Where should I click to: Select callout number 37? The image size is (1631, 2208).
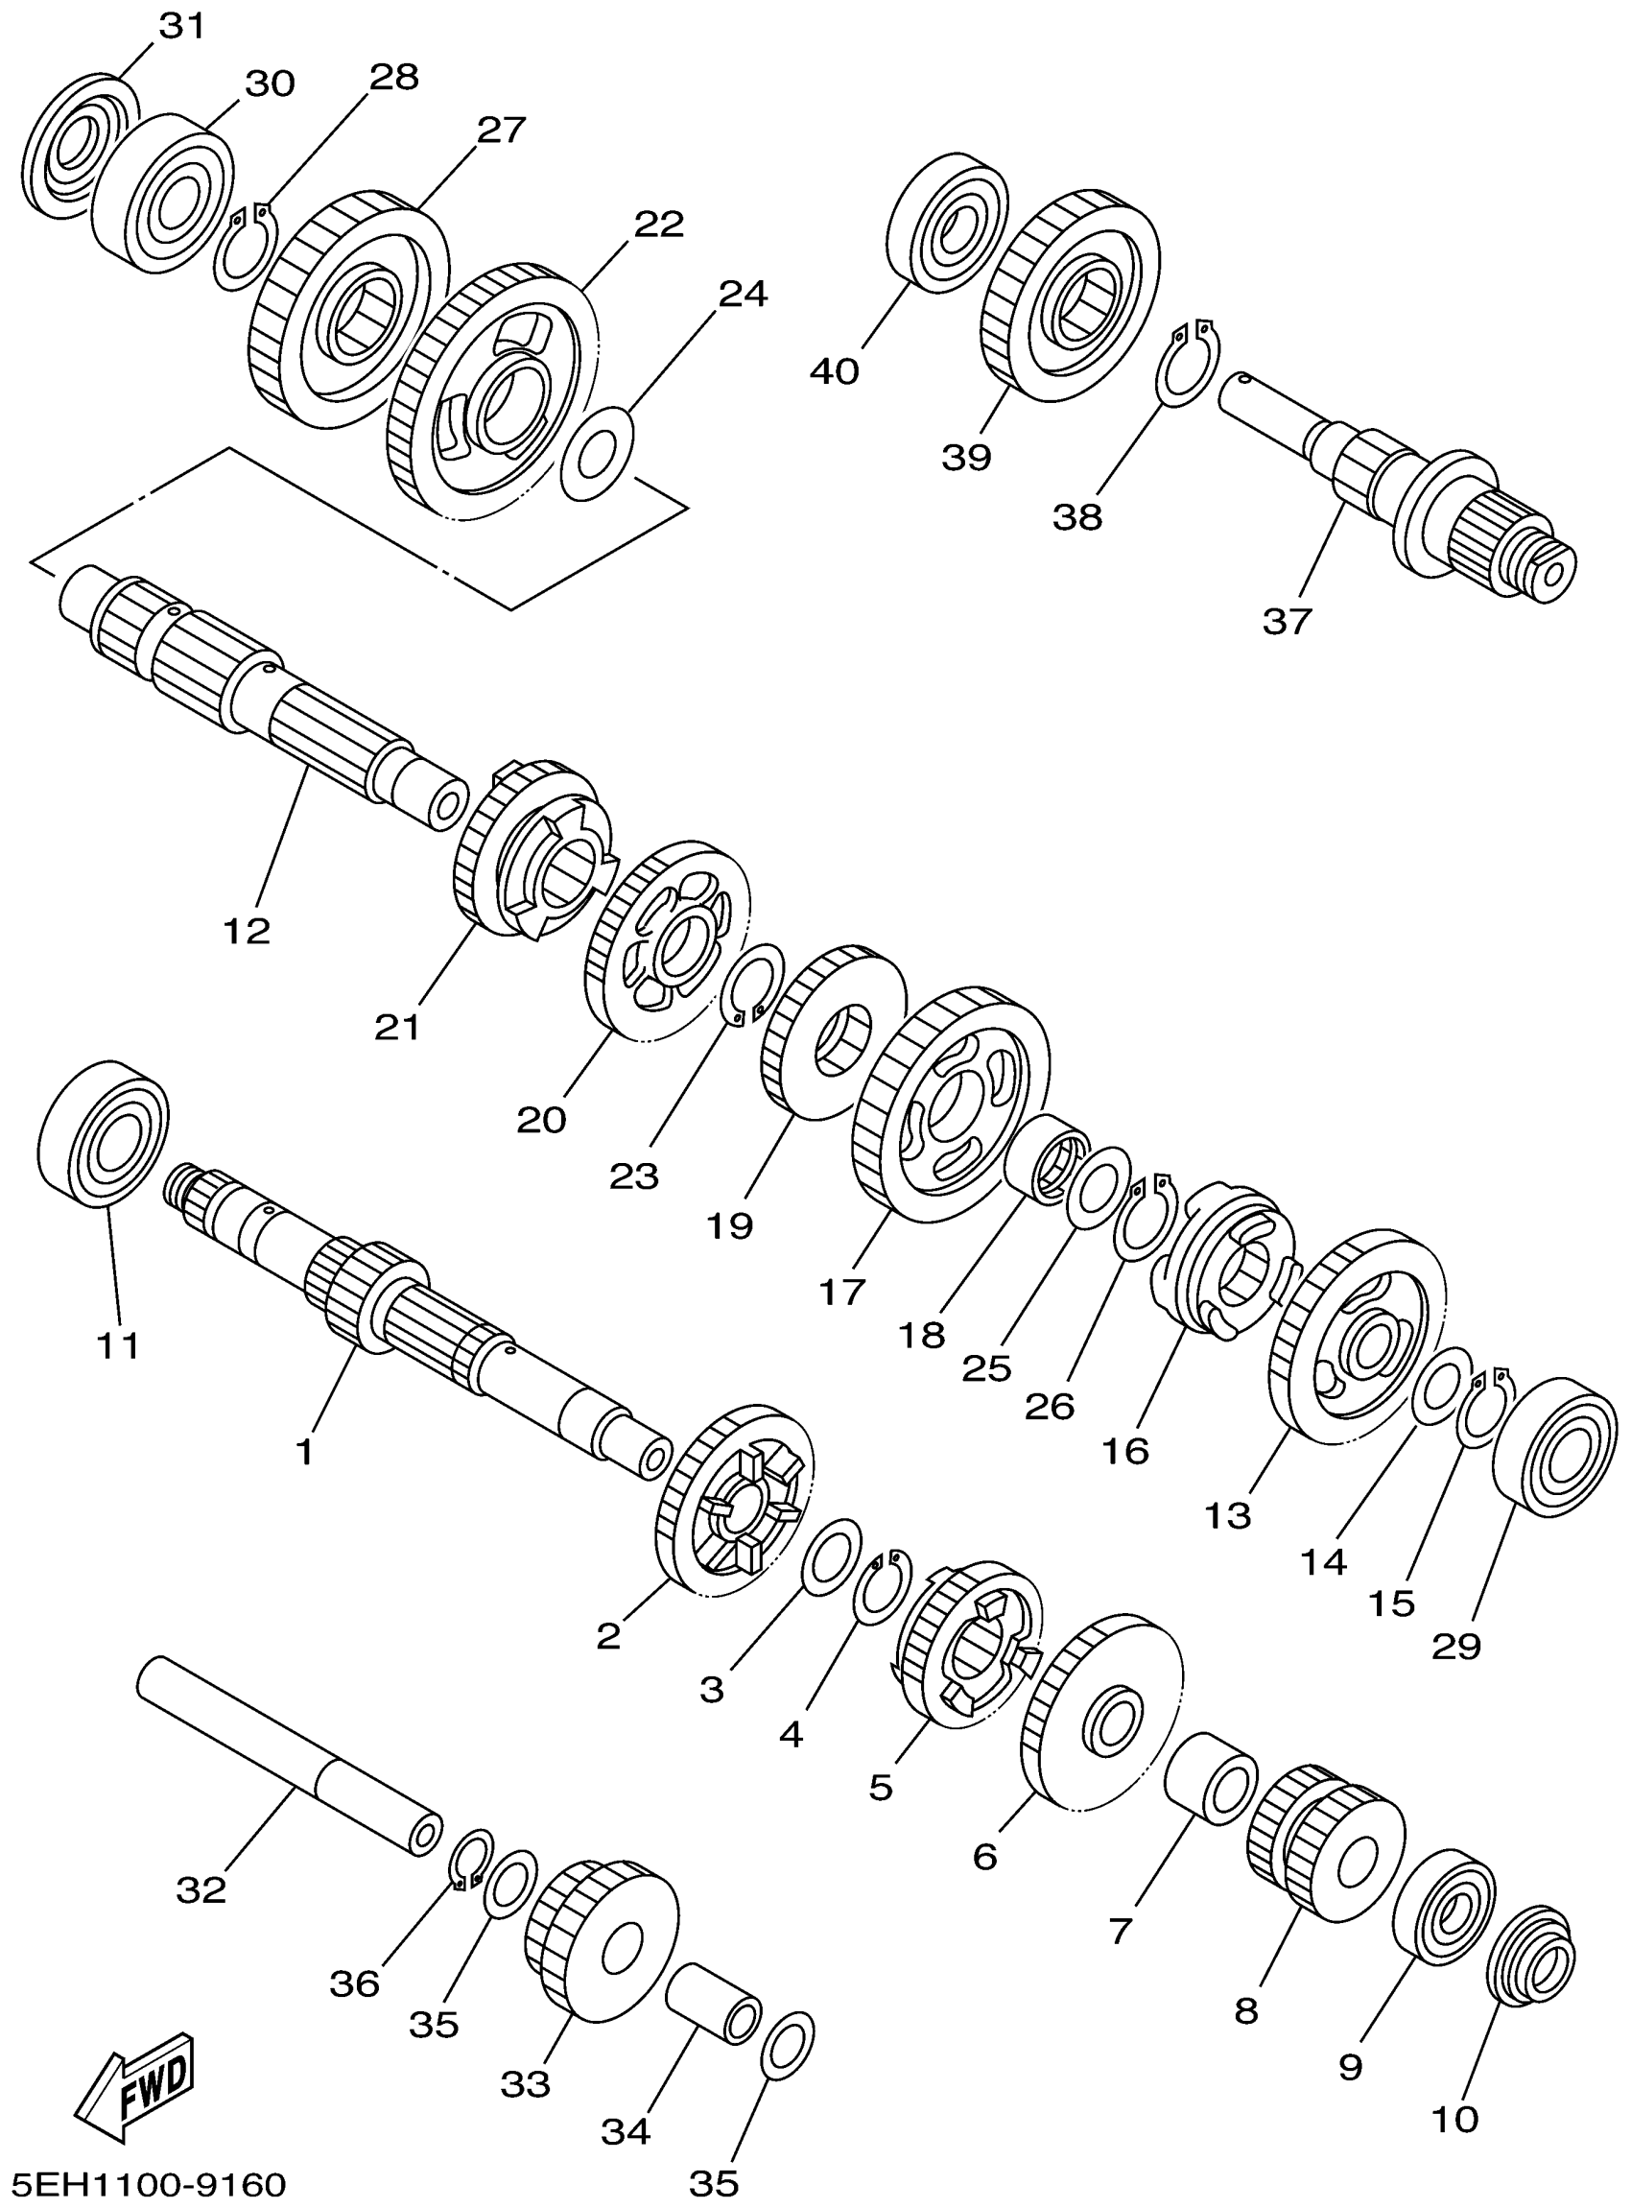pos(1287,621)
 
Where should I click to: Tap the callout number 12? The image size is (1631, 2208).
pos(246,929)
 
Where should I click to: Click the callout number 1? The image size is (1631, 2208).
pos(305,1452)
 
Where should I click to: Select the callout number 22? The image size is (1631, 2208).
pos(658,225)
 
